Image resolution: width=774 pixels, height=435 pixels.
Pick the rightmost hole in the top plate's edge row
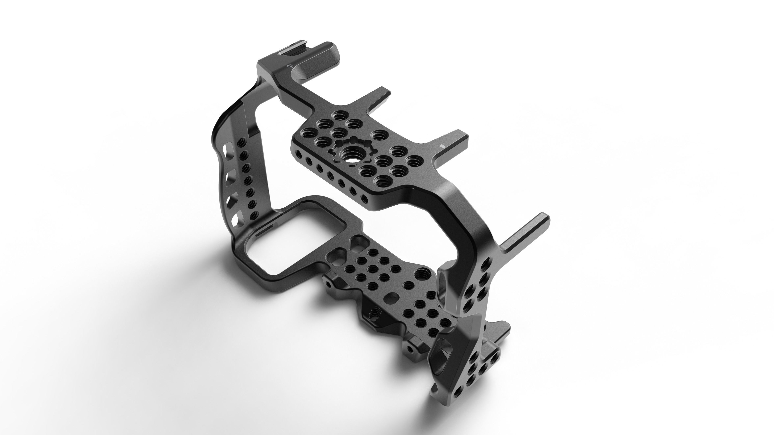(364, 199)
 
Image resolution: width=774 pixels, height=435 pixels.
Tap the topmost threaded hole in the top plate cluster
(340, 115)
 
